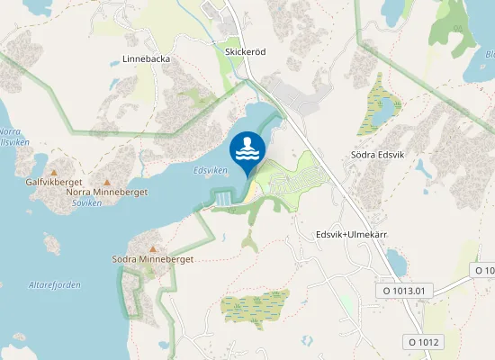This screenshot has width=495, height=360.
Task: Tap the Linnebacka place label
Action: (x=146, y=59)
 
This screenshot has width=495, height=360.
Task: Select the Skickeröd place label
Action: (x=246, y=52)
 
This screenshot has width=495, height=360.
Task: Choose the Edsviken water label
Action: (x=210, y=170)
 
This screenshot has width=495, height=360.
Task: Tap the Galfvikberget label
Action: (x=55, y=182)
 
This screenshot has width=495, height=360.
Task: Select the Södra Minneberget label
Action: (x=153, y=259)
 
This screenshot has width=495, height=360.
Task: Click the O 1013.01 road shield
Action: (x=405, y=291)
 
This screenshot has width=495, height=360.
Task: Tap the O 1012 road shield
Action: (x=423, y=342)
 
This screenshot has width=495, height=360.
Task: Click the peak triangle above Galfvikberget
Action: (x=54, y=172)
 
